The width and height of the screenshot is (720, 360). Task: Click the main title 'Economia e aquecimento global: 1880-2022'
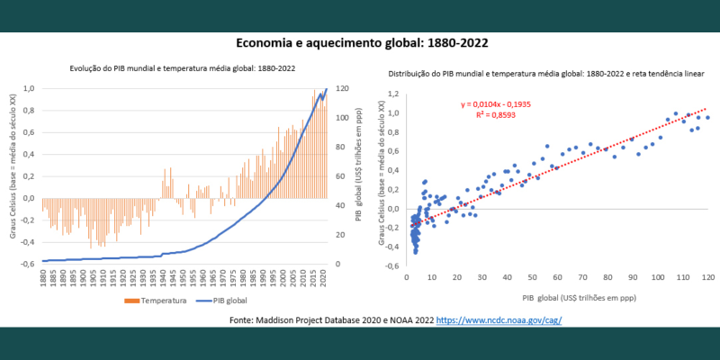coord(362,42)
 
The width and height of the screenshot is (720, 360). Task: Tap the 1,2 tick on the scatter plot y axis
coord(393,94)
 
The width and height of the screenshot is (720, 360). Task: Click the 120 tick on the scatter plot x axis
coord(708,277)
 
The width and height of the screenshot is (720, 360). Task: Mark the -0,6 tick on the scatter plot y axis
coord(391,266)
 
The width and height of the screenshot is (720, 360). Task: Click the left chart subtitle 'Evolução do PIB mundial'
coord(183,68)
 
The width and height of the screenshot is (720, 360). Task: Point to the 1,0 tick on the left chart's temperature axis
coord(29,88)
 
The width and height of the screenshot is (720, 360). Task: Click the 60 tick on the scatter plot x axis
coord(557,277)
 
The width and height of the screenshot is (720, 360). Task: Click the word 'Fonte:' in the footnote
coord(244,320)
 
